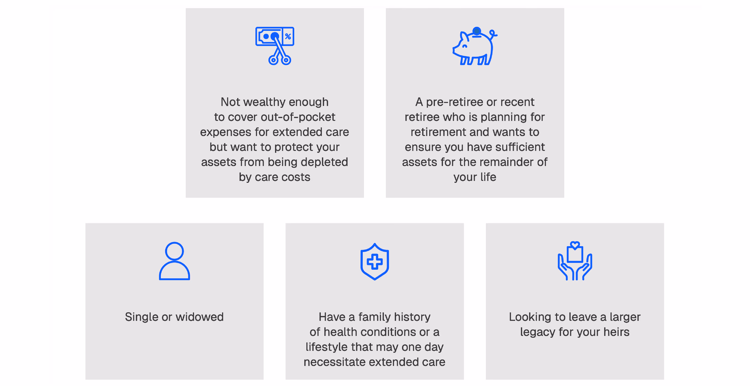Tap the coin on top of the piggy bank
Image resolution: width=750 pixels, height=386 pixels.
(477, 31)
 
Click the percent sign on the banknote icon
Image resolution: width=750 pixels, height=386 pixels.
(288, 36)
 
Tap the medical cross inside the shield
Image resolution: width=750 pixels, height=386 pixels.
(375, 261)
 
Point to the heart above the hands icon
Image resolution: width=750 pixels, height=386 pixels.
(575, 245)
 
